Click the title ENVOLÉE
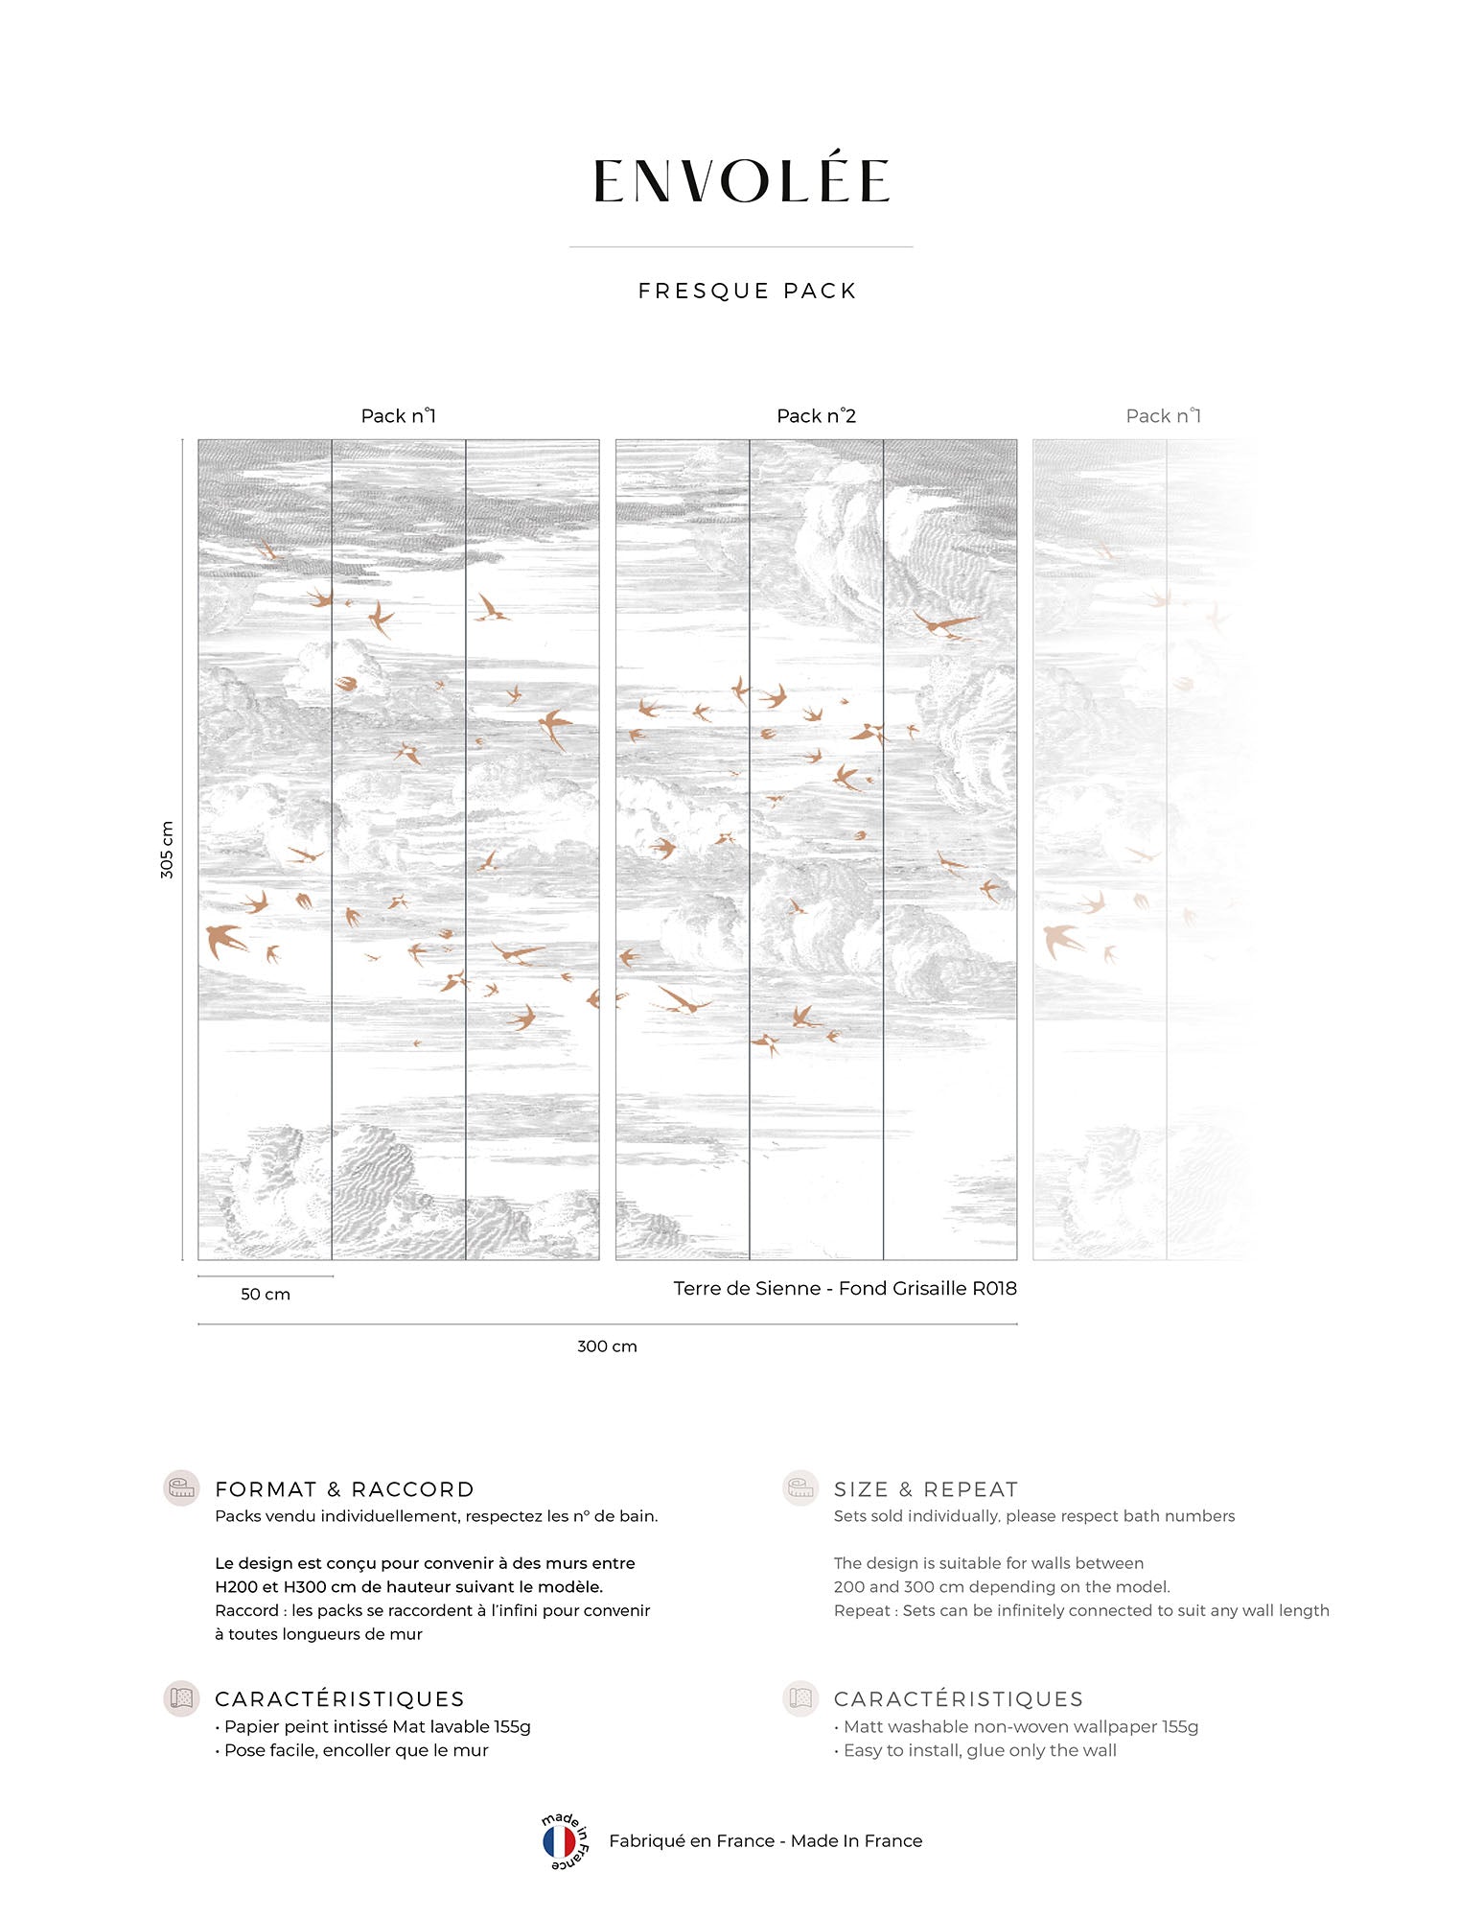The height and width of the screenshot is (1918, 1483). pyautogui.click(x=741, y=181)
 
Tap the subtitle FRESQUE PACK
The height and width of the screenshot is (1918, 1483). pyautogui.click(x=747, y=291)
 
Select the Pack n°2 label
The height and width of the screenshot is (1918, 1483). pyautogui.click(x=816, y=415)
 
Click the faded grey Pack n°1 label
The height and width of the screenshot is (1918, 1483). pyautogui.click(x=1163, y=415)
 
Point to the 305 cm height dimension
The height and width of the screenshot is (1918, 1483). pyautogui.click(x=167, y=850)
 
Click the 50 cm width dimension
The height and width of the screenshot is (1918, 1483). pyautogui.click(x=266, y=1294)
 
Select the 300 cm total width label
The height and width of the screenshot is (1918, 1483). pyautogui.click(x=607, y=1345)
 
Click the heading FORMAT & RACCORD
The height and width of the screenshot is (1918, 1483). pyautogui.click(x=344, y=1489)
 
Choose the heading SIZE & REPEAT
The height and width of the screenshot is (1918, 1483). pyautogui.click(x=925, y=1489)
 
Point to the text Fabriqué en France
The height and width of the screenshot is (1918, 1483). pyautogui.click(x=691, y=1840)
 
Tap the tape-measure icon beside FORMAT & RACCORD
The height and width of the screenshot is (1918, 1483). pyautogui.click(x=181, y=1487)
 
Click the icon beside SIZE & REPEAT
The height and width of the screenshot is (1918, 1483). pyautogui.click(x=800, y=1487)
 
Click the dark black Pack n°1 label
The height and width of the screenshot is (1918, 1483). pyautogui.click(x=398, y=415)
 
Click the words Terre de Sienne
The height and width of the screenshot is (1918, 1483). pyautogui.click(x=747, y=1288)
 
